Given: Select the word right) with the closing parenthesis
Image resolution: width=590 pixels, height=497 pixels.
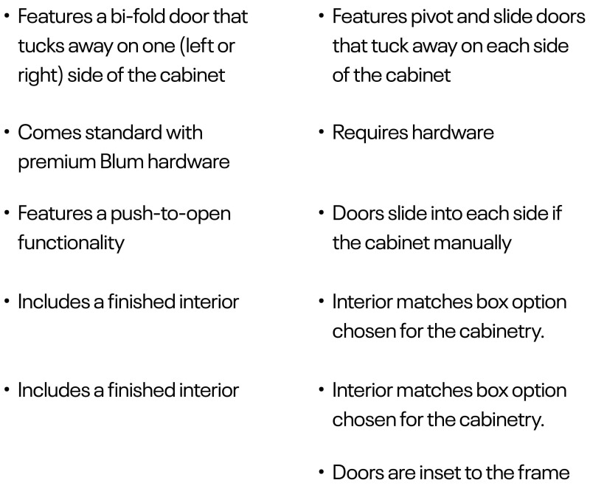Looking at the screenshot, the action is pyautogui.click(x=41, y=76).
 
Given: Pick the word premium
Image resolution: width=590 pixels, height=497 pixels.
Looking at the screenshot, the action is pyautogui.click(x=57, y=162).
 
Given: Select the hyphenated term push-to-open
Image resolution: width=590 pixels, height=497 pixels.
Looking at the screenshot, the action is pyautogui.click(x=170, y=214).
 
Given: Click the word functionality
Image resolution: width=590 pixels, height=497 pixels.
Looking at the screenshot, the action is pyautogui.click(x=71, y=243).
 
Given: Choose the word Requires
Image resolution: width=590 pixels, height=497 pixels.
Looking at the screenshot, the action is pyautogui.click(x=370, y=133).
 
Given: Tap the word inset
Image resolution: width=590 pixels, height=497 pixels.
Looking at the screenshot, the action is pyautogui.click(x=438, y=473).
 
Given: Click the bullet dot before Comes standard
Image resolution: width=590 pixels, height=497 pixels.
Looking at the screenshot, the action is pyautogui.click(x=7, y=133).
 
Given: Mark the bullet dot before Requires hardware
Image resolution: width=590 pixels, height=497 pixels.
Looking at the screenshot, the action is pyautogui.click(x=321, y=133).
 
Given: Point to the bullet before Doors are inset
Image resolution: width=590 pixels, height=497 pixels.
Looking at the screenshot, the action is pyautogui.click(x=321, y=473).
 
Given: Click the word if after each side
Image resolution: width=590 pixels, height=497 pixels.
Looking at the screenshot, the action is pyautogui.click(x=558, y=213).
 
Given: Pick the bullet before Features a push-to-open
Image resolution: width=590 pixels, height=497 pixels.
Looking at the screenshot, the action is pyautogui.click(x=7, y=213).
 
